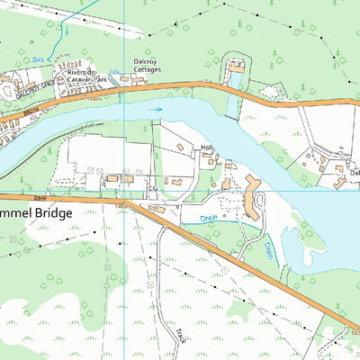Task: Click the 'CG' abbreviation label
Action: click(152, 189)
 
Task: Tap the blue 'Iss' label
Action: click(114, 71)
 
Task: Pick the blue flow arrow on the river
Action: click(156, 110)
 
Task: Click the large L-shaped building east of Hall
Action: click(255, 197)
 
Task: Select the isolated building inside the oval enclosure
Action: click(238, 66)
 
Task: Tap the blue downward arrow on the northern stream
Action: click(63, 28)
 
